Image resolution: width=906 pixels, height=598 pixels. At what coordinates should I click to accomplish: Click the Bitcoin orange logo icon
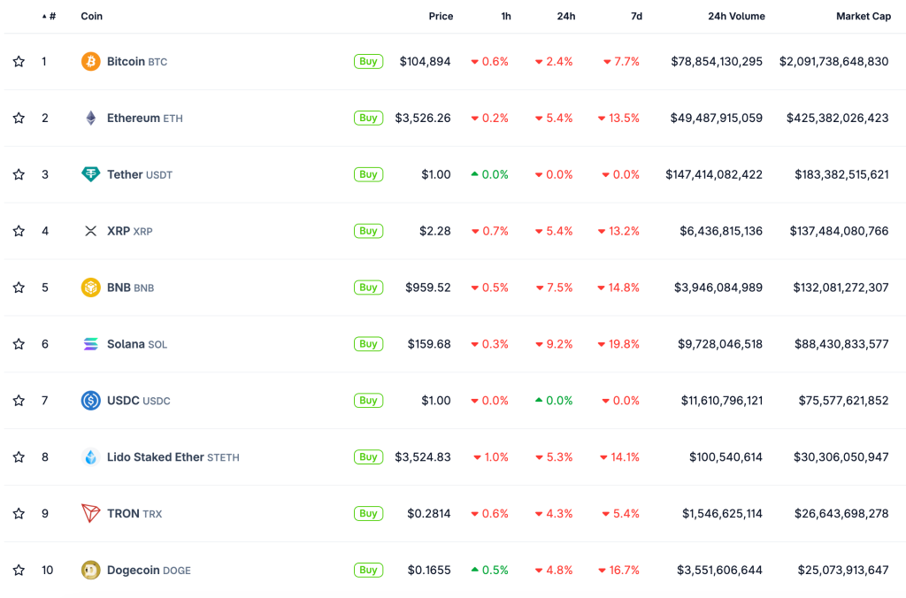click(90, 61)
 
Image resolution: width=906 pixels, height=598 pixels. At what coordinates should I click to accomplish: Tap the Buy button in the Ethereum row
click(368, 118)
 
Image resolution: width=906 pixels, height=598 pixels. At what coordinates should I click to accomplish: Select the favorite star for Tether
click(19, 174)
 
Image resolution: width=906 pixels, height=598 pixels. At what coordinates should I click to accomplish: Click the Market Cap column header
click(864, 16)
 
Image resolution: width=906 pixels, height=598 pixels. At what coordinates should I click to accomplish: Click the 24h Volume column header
click(736, 16)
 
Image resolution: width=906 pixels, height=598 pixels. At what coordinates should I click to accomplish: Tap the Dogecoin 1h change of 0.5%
click(489, 570)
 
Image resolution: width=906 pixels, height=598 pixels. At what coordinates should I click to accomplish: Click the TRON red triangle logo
click(90, 513)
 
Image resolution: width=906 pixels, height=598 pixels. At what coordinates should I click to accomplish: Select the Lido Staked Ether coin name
click(156, 457)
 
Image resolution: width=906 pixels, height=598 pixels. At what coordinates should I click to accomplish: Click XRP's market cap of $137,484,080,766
click(839, 231)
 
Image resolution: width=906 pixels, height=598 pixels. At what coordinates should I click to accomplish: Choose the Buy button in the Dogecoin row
click(368, 570)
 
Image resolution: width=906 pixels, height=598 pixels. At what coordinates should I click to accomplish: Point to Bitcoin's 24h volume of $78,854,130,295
click(717, 61)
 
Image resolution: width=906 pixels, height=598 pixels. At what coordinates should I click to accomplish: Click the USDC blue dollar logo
click(90, 401)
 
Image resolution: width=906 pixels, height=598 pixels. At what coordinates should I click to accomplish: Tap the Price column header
click(441, 16)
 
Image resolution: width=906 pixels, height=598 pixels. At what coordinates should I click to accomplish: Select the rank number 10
click(47, 570)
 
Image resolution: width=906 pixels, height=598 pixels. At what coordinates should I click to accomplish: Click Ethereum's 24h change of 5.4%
click(554, 118)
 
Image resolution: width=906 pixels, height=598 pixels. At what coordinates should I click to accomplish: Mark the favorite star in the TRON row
click(19, 513)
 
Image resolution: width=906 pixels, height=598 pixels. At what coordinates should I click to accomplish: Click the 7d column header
click(636, 16)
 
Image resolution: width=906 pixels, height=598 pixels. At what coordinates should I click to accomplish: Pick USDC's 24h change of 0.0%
click(554, 401)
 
